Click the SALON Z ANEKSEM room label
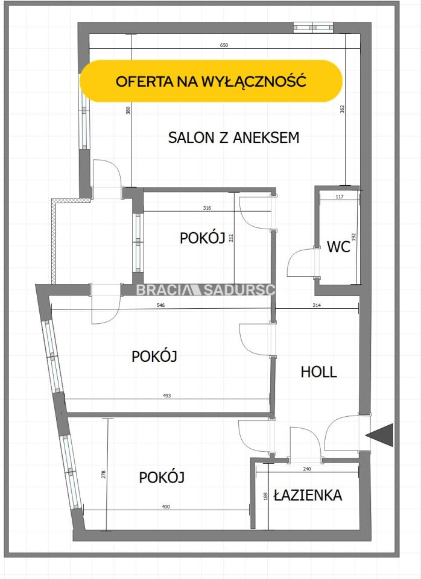[x=233, y=138]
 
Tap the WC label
[x=338, y=247]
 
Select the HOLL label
[x=318, y=372]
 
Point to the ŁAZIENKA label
[x=308, y=495]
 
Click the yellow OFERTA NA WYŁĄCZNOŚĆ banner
[x=211, y=81]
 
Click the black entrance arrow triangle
[x=381, y=435]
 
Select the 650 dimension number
[x=224, y=46]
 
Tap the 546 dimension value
[x=160, y=306]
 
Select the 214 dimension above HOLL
[x=317, y=306]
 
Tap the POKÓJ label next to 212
[x=202, y=238]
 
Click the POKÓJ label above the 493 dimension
[x=154, y=356]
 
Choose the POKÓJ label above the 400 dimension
[x=162, y=478]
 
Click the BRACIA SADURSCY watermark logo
[x=205, y=289]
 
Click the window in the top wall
[x=312, y=27]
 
